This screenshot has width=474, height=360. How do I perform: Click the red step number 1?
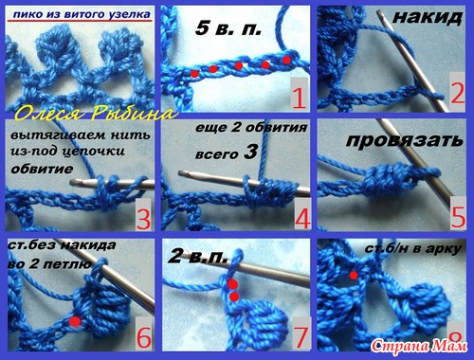coord(299,99)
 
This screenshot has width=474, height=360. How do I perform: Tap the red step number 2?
coord(457,94)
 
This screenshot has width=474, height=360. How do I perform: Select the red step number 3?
coord(143,219)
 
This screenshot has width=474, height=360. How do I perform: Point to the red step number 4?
coord(302,219)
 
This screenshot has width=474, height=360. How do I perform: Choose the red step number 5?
coord(459,217)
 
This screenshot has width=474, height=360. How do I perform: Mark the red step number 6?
coord(144,337)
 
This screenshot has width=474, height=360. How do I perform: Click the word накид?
coord(428,18)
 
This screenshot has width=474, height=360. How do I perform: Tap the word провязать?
coord(405,140)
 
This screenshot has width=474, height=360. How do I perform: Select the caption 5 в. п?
coord(228,28)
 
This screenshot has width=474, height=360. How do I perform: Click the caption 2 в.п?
coord(198,257)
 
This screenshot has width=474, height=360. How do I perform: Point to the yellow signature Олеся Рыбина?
coord(95,114)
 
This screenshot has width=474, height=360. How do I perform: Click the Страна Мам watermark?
coord(419,347)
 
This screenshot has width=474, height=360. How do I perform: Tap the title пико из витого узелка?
coord(82,14)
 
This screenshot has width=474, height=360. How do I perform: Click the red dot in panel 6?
coord(75,321)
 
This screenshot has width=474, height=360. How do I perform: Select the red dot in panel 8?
coord(354,276)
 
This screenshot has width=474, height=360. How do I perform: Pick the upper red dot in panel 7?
coord(233,284)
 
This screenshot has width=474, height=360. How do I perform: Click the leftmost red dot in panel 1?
coord(194,74)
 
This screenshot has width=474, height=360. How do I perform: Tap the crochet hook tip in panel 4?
coord(181,173)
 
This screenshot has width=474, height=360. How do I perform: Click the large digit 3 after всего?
coord(250,153)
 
